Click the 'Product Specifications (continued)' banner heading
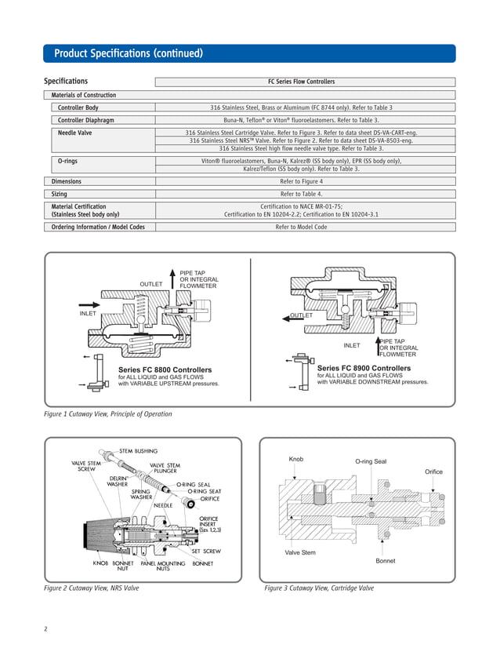tap(129, 53)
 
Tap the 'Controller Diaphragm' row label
tap(89, 121)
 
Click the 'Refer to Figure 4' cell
tap(306, 180)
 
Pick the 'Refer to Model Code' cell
tap(306, 227)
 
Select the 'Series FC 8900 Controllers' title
tap(364, 367)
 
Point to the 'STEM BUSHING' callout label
tap(138, 450)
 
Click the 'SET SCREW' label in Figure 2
tap(206, 551)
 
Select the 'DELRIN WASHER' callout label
tap(118, 481)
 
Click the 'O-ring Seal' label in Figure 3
tap(371, 461)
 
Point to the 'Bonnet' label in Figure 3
tap(385, 561)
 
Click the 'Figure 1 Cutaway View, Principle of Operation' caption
tap(107, 413)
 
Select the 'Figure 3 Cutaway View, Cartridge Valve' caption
tap(319, 588)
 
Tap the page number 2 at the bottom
tap(45, 629)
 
